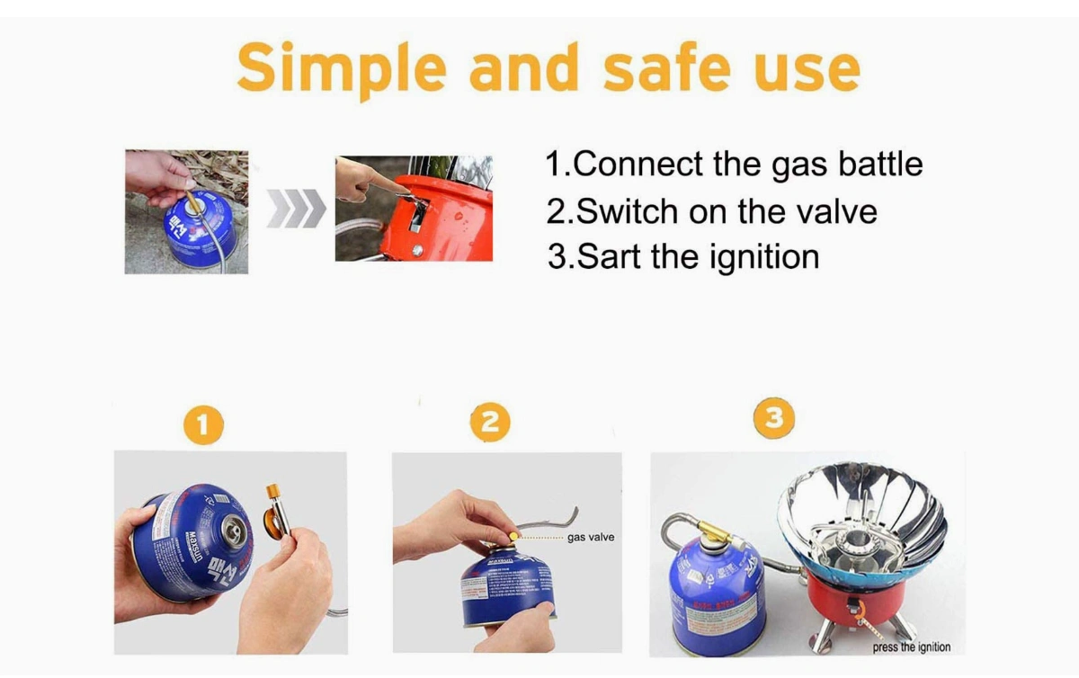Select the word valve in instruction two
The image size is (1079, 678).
click(832, 211)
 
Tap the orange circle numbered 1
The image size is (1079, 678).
click(204, 424)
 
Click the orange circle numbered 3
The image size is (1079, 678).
click(776, 418)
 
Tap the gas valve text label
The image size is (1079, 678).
click(591, 538)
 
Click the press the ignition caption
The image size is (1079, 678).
click(911, 647)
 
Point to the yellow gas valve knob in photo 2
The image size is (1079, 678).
click(513, 536)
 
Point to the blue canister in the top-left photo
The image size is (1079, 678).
click(198, 228)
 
